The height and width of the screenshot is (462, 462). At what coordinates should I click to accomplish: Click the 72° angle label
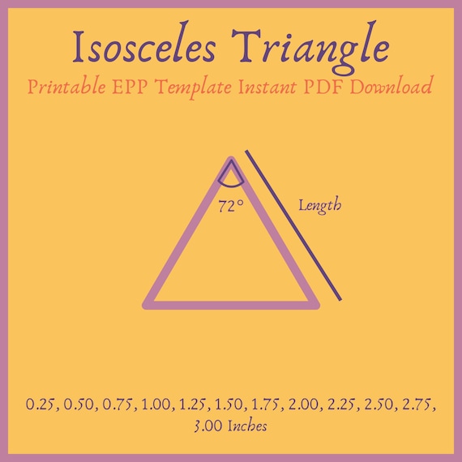[x=230, y=206]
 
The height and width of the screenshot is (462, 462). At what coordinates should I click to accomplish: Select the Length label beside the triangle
[x=319, y=206]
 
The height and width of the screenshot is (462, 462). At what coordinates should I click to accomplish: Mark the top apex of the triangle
[x=231, y=160]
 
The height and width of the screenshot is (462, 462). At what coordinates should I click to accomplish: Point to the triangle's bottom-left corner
[x=147, y=305]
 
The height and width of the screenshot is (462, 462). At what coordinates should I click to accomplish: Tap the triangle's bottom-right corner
[x=315, y=305]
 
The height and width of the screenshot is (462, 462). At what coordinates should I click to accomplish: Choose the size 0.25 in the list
[x=40, y=404]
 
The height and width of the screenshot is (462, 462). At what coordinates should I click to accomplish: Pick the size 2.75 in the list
[x=419, y=404]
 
